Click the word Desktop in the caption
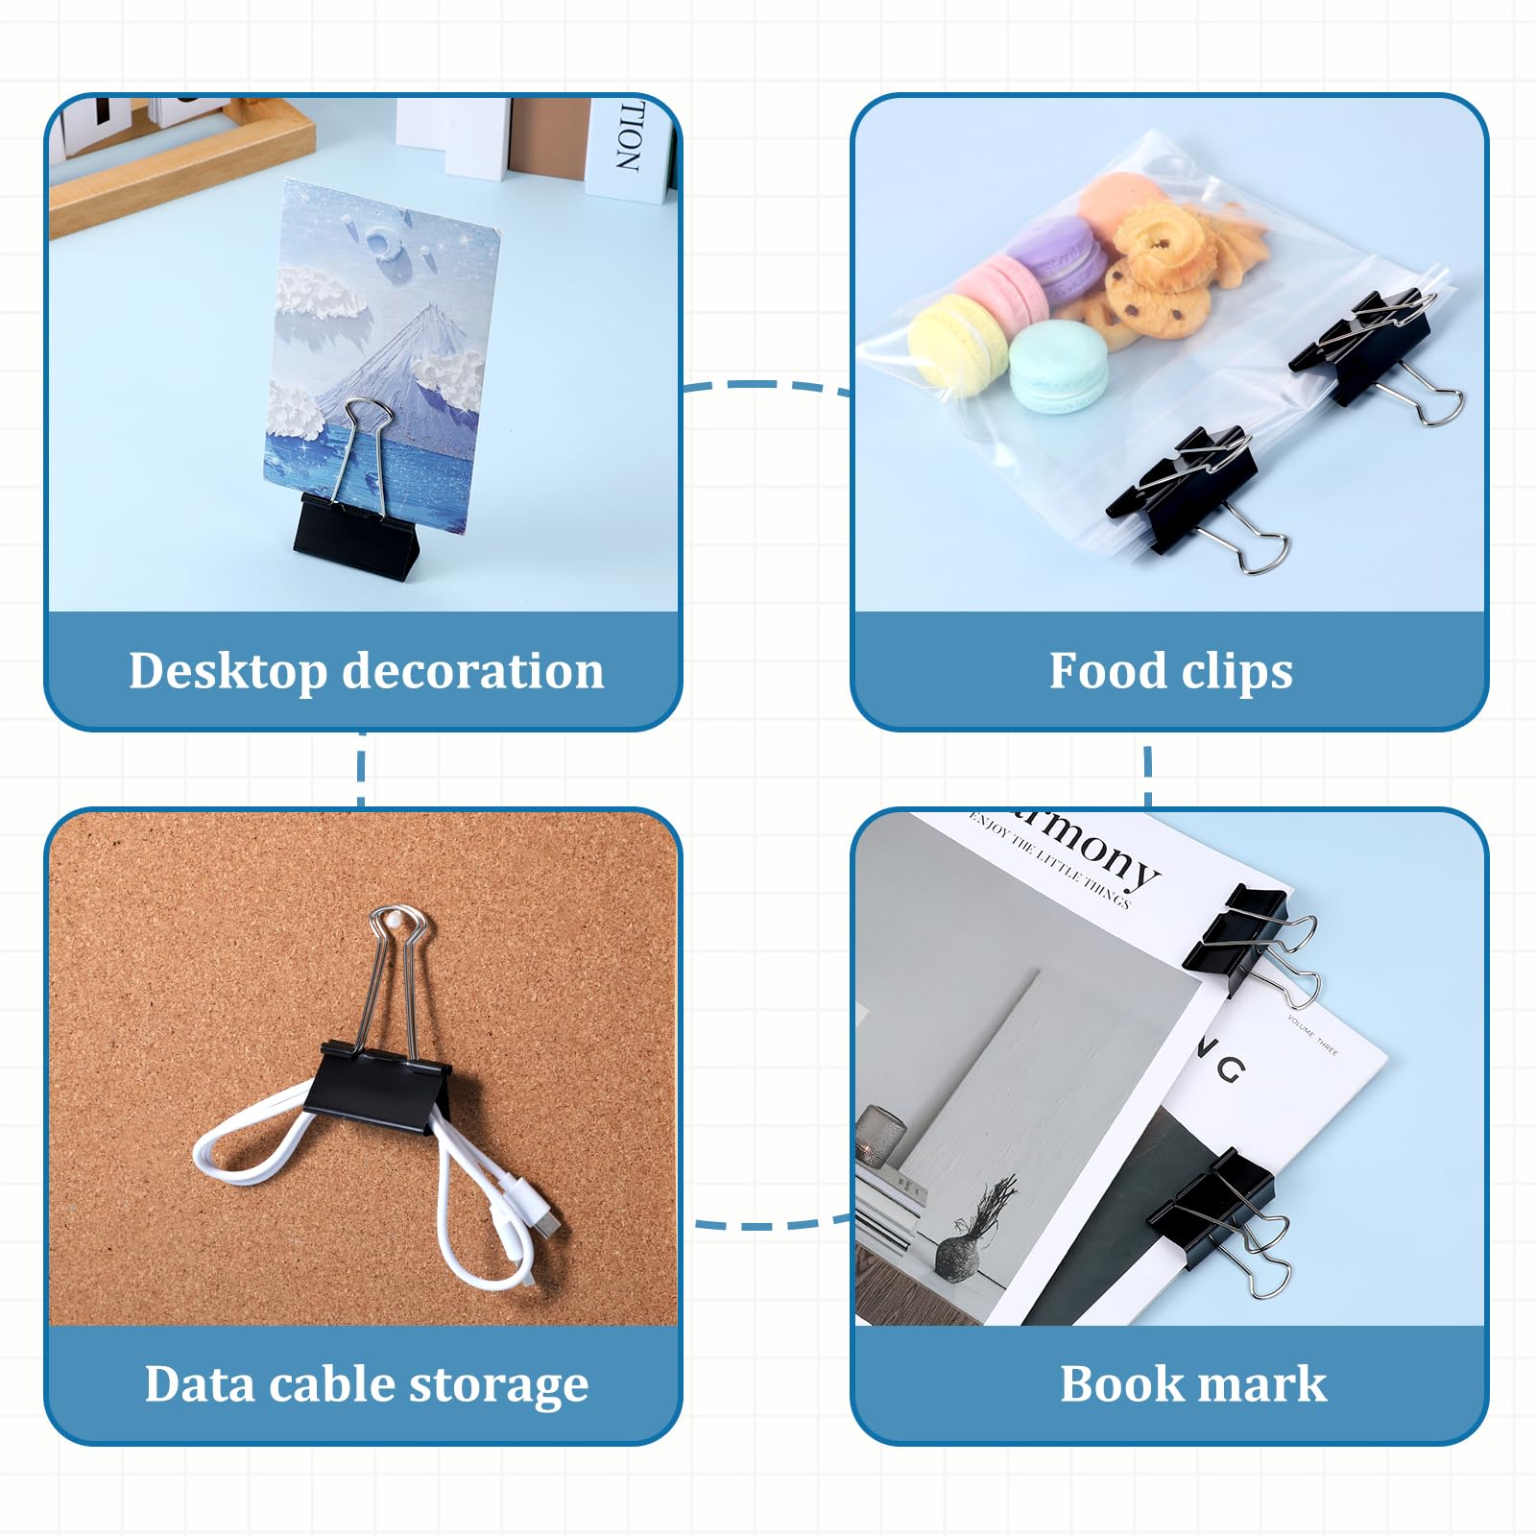[x=228, y=671]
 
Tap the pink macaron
[x=1003, y=288]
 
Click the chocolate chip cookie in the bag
[x=1158, y=298]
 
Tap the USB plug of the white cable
[x=546, y=1225]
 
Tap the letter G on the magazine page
[x=1232, y=1067]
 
